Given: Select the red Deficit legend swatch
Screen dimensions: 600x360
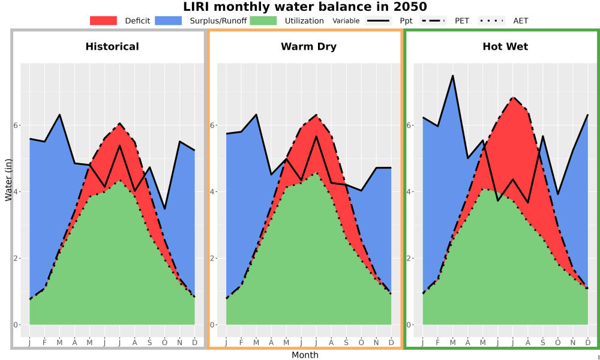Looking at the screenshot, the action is click(x=103, y=20).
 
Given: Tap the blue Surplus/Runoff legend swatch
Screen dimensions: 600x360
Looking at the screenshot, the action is click(x=169, y=20).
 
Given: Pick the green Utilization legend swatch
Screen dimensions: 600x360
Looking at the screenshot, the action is click(x=263, y=20).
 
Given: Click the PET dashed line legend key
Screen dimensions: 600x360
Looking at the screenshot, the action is click(x=433, y=20).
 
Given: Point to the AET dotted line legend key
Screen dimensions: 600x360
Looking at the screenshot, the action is click(x=492, y=20).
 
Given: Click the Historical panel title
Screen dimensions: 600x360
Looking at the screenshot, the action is click(x=112, y=47).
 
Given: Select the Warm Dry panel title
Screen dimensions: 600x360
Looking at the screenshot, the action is click(x=309, y=47).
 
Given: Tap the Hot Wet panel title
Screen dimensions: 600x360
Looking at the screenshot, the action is click(x=505, y=47).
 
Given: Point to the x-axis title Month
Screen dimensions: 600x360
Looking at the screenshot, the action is click(x=305, y=355).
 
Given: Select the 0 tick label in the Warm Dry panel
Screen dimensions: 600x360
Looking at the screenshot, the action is click(x=212, y=325).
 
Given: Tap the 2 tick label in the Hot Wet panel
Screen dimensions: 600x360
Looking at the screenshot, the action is click(x=409, y=258).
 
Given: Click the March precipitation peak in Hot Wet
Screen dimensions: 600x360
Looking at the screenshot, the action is click(x=452, y=76).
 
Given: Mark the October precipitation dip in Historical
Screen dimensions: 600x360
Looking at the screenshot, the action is click(x=164, y=209).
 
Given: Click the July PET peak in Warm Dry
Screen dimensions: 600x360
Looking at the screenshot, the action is click(x=316, y=115).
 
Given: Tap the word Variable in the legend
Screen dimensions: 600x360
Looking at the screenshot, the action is click(x=346, y=21).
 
